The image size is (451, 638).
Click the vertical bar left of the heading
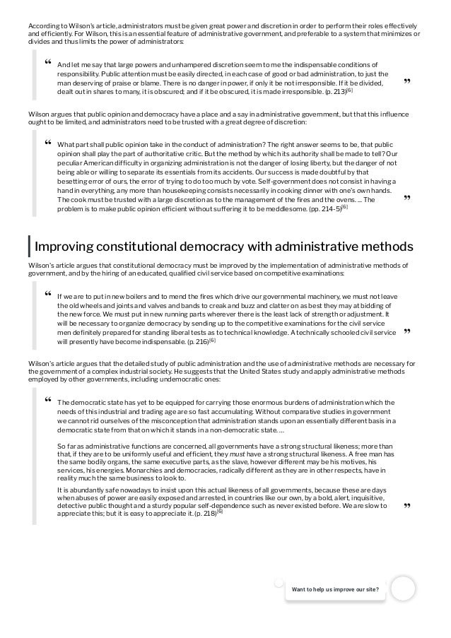point(29,247)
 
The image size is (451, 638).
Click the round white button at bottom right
point(403,588)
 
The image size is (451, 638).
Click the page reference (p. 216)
point(194,341)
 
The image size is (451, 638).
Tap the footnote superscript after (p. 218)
point(219,511)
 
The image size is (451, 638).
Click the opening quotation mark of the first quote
point(47,64)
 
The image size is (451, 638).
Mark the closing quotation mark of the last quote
point(407,507)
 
